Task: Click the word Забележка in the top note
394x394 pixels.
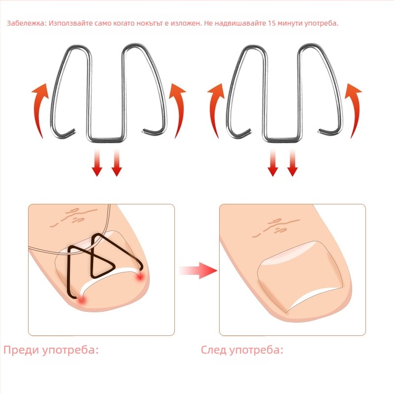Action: [27, 23]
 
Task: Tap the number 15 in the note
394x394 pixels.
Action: [272, 23]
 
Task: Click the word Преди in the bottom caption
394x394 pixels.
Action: [21, 350]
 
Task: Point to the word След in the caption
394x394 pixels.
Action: [214, 350]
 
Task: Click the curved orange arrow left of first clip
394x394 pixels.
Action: [40, 110]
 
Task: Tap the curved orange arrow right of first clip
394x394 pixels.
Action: [178, 110]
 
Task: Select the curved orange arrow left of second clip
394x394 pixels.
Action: [215, 110]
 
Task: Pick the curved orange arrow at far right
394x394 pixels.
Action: [354, 110]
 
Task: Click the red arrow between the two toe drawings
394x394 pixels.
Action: [198, 270]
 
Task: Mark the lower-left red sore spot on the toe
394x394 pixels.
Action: [82, 299]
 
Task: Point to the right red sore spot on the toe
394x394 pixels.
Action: [140, 277]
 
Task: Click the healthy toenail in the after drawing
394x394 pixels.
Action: [300, 275]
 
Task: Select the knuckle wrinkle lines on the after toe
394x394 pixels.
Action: [276, 228]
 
